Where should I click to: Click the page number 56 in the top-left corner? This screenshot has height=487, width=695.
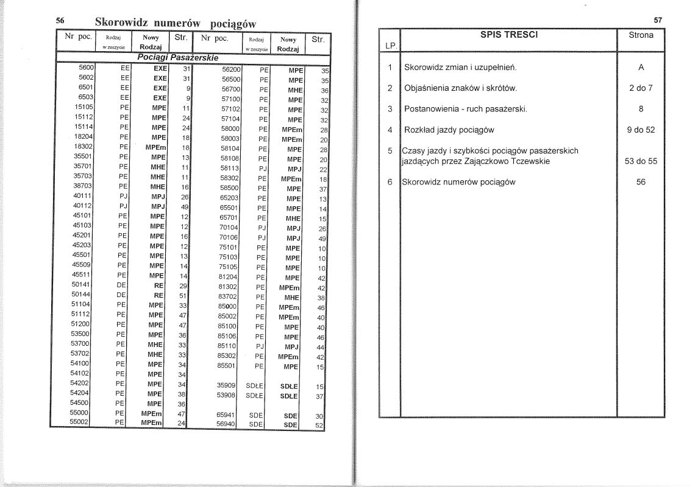point(60,21)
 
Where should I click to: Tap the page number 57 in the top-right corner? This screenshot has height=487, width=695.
point(658,20)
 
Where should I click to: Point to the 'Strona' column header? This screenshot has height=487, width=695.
point(641,35)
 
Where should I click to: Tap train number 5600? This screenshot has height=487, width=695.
point(85,69)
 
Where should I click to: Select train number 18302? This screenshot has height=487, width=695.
point(83,147)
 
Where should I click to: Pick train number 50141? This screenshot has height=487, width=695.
point(83,284)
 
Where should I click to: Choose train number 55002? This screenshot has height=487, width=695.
point(80,422)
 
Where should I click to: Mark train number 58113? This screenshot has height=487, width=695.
point(231,169)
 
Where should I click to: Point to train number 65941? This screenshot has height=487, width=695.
point(226,415)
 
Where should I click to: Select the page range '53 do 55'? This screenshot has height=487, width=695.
point(641,161)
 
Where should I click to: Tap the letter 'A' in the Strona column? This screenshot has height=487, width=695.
point(641,67)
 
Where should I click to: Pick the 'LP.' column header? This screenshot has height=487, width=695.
point(390,46)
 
